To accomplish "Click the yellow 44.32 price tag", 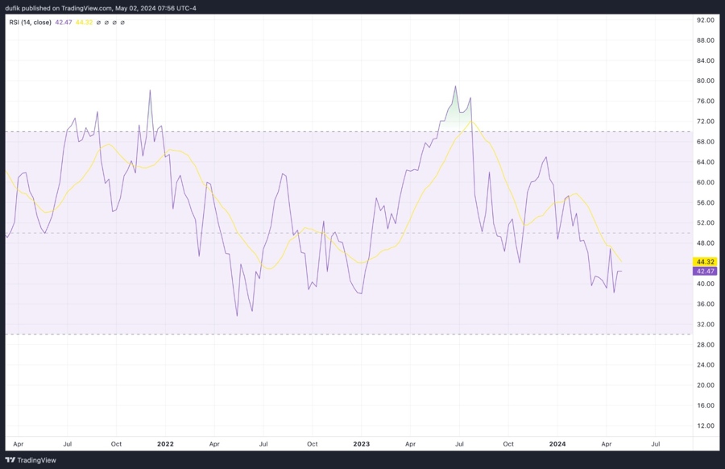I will (705, 262).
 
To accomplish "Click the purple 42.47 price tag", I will (705, 272).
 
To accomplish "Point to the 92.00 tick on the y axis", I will (706, 19).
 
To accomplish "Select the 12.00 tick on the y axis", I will (706, 425).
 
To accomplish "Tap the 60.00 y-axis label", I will (706, 182).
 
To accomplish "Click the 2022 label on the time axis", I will (165, 444).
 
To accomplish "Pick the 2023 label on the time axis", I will (362, 444).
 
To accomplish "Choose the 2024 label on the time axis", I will (557, 444).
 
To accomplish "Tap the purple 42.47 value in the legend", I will (64, 23).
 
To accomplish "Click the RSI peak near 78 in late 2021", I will (150, 91).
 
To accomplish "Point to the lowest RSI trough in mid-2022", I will (237, 315).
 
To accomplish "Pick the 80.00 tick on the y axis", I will (706, 81).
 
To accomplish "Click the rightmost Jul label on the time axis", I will (655, 444).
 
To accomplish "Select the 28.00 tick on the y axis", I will (706, 344).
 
